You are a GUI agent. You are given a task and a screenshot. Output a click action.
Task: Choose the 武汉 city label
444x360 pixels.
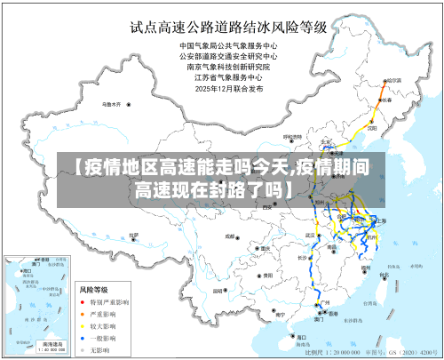310,235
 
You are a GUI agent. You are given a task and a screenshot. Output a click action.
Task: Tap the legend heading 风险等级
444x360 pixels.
94,290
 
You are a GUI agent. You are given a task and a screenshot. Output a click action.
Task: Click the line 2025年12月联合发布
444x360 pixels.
229,88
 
